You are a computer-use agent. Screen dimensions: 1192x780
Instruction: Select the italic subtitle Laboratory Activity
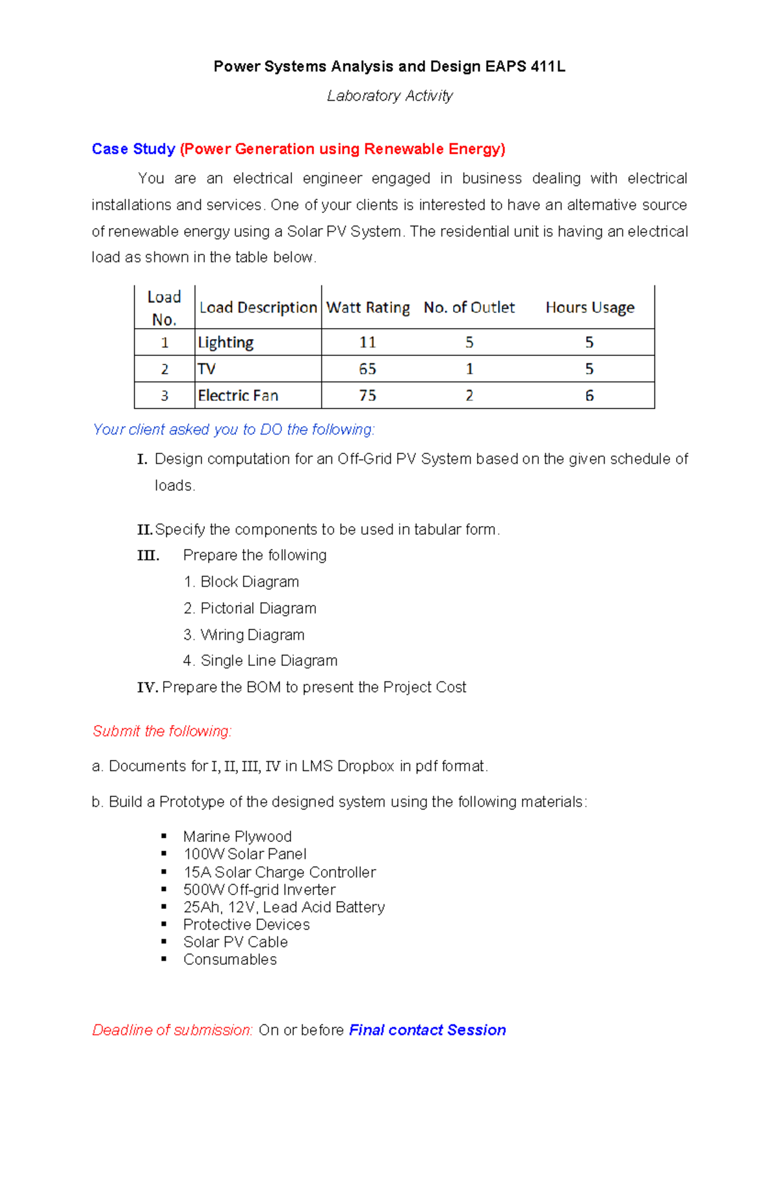click(389, 96)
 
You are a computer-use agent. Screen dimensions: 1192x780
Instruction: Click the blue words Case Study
click(133, 149)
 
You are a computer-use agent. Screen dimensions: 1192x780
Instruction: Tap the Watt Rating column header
click(368, 307)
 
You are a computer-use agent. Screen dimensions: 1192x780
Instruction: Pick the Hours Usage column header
click(590, 307)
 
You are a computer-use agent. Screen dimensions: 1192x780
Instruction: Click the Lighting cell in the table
click(226, 342)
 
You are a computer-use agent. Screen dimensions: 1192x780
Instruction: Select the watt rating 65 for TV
click(367, 369)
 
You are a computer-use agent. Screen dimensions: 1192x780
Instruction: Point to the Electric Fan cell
click(238, 396)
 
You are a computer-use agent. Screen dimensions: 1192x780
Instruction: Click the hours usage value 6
click(589, 396)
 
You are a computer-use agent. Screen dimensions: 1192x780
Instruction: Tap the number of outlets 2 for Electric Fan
click(469, 396)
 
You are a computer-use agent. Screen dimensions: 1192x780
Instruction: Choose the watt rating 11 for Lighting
click(367, 342)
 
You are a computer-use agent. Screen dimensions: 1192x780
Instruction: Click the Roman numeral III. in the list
click(148, 555)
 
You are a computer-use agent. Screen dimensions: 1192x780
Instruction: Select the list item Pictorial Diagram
click(258, 608)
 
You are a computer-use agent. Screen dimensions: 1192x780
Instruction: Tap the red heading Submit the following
click(162, 731)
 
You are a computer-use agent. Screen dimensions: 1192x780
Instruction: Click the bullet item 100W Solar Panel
click(244, 854)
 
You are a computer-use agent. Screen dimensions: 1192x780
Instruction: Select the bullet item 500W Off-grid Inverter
click(259, 889)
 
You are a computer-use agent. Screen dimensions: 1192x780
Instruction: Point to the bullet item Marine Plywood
click(237, 837)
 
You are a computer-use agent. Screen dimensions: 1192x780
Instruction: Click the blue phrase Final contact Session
click(427, 1030)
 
